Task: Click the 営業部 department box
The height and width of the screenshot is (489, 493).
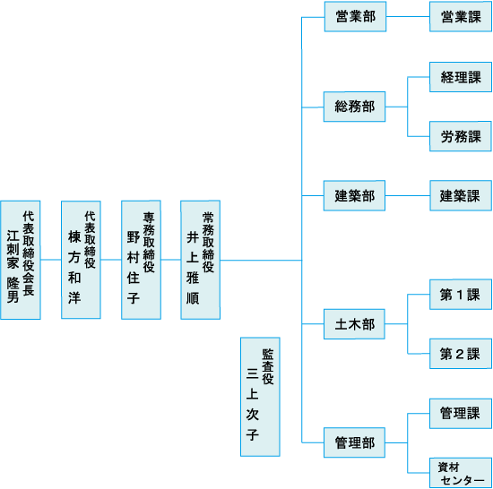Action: click(x=355, y=17)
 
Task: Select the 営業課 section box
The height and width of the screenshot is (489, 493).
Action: click(x=461, y=17)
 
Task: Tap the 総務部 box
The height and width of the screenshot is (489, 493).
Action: click(x=354, y=107)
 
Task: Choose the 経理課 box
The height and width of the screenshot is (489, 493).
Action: click(x=461, y=77)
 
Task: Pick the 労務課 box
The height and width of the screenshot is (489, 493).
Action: click(x=461, y=136)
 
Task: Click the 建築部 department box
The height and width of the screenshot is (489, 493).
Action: click(x=354, y=195)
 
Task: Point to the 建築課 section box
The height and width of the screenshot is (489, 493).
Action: click(x=461, y=195)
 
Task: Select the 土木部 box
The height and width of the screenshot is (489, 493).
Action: click(x=354, y=324)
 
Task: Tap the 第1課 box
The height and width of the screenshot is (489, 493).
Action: click(x=461, y=295)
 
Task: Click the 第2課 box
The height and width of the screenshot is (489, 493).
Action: click(x=461, y=354)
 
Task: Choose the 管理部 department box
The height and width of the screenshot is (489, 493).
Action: click(x=354, y=442)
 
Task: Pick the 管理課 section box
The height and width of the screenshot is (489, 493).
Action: click(x=461, y=414)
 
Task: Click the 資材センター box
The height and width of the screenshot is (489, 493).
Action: click(x=461, y=473)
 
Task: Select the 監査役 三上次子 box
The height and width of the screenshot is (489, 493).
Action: click(x=260, y=397)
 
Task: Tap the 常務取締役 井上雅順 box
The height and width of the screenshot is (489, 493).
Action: click(x=200, y=260)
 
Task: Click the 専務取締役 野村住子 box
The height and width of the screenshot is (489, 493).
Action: click(x=141, y=260)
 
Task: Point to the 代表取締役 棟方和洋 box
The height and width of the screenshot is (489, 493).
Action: click(x=81, y=260)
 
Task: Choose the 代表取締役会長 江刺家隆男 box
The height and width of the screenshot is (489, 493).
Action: click(x=21, y=260)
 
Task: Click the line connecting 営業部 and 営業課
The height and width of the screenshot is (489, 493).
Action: click(x=408, y=17)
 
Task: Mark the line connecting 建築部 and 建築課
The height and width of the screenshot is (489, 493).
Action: click(x=408, y=195)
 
